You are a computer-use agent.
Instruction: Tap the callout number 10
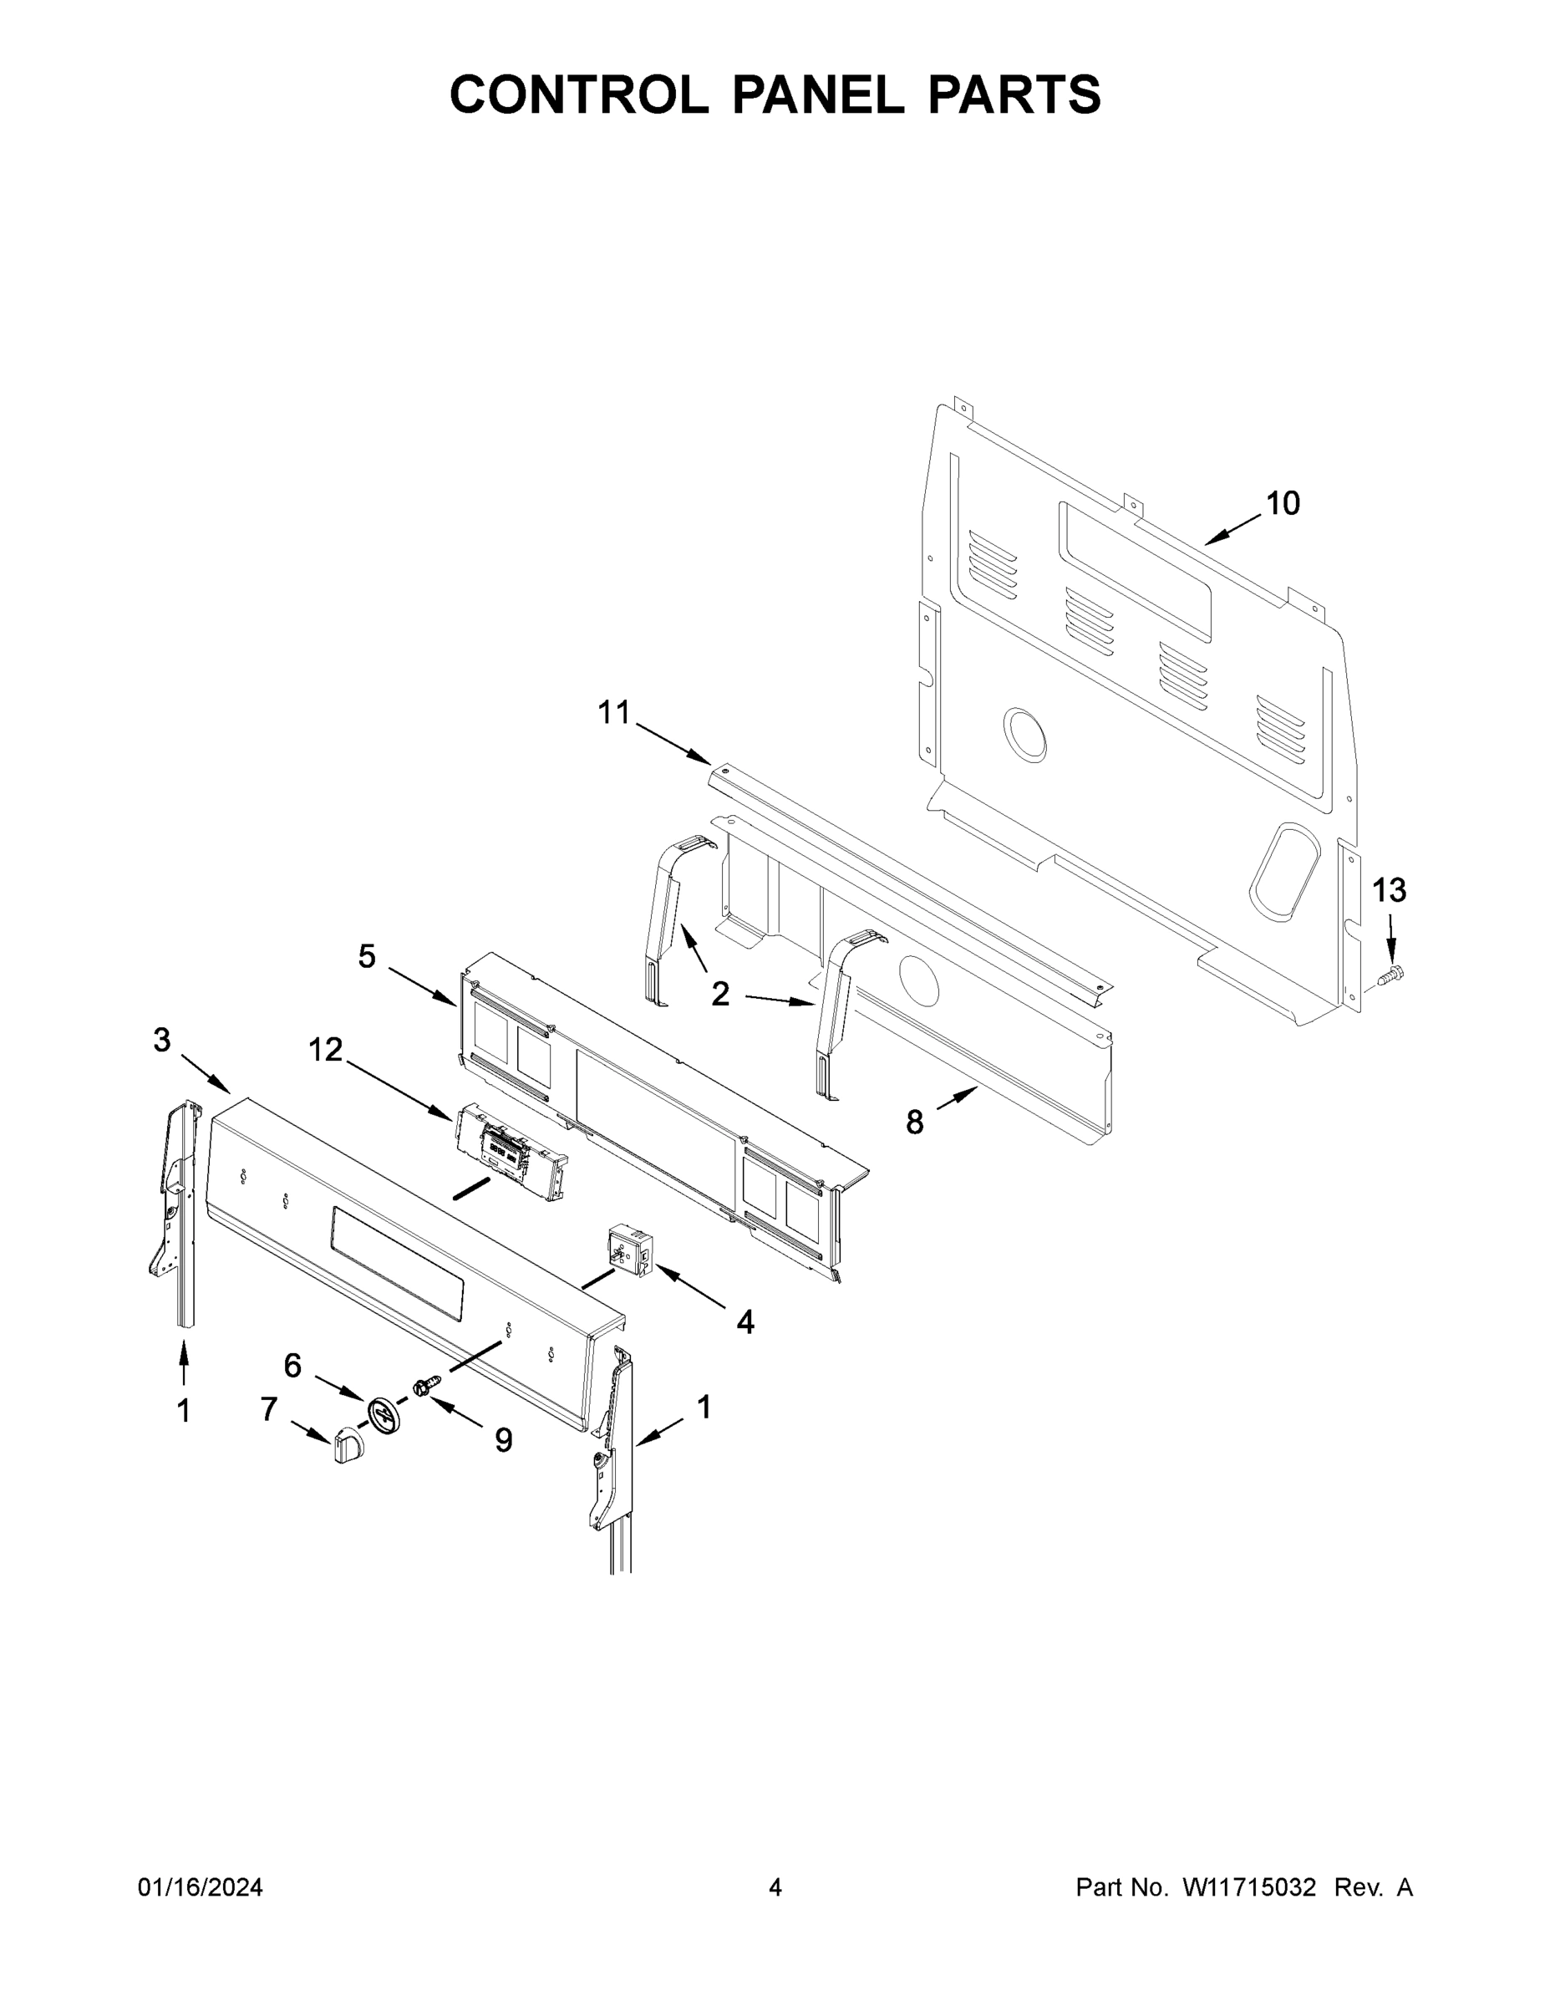[x=1283, y=503]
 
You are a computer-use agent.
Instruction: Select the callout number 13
[x=1389, y=889]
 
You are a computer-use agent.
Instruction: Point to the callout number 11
[x=614, y=712]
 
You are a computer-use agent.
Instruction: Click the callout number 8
[x=915, y=1122]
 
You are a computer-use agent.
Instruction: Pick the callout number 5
[x=366, y=956]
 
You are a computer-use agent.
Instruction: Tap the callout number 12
[x=325, y=1049]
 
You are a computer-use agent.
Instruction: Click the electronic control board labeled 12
[x=510, y=1151]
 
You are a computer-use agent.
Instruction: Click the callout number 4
[x=745, y=1321]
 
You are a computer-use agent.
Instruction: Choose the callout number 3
[x=161, y=1041]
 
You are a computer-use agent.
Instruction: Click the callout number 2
[x=720, y=993]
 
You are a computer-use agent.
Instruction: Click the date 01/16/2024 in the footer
[x=201, y=1887]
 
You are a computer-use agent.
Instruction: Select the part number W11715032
[x=1249, y=1887]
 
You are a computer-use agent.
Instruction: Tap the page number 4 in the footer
[x=775, y=1887]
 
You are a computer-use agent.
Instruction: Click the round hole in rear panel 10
[x=1024, y=735]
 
